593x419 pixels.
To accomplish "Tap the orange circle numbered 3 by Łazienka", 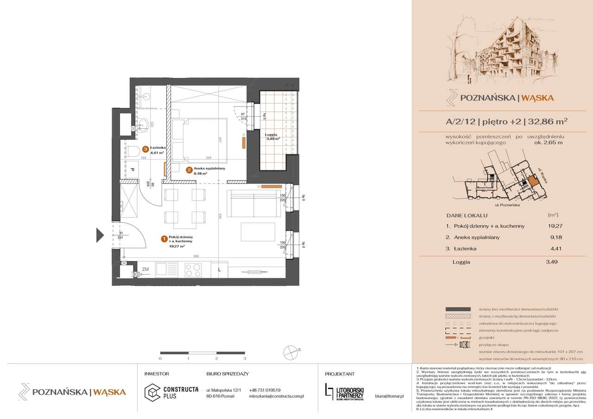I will click(145, 150).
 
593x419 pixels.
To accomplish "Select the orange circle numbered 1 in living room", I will click(163, 239).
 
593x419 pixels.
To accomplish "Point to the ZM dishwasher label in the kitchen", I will click(145, 269).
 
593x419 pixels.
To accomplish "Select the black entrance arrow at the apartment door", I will click(100, 235).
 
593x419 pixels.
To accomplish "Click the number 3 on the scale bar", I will click(245, 358).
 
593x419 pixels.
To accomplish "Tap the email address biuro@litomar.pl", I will click(389, 396).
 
